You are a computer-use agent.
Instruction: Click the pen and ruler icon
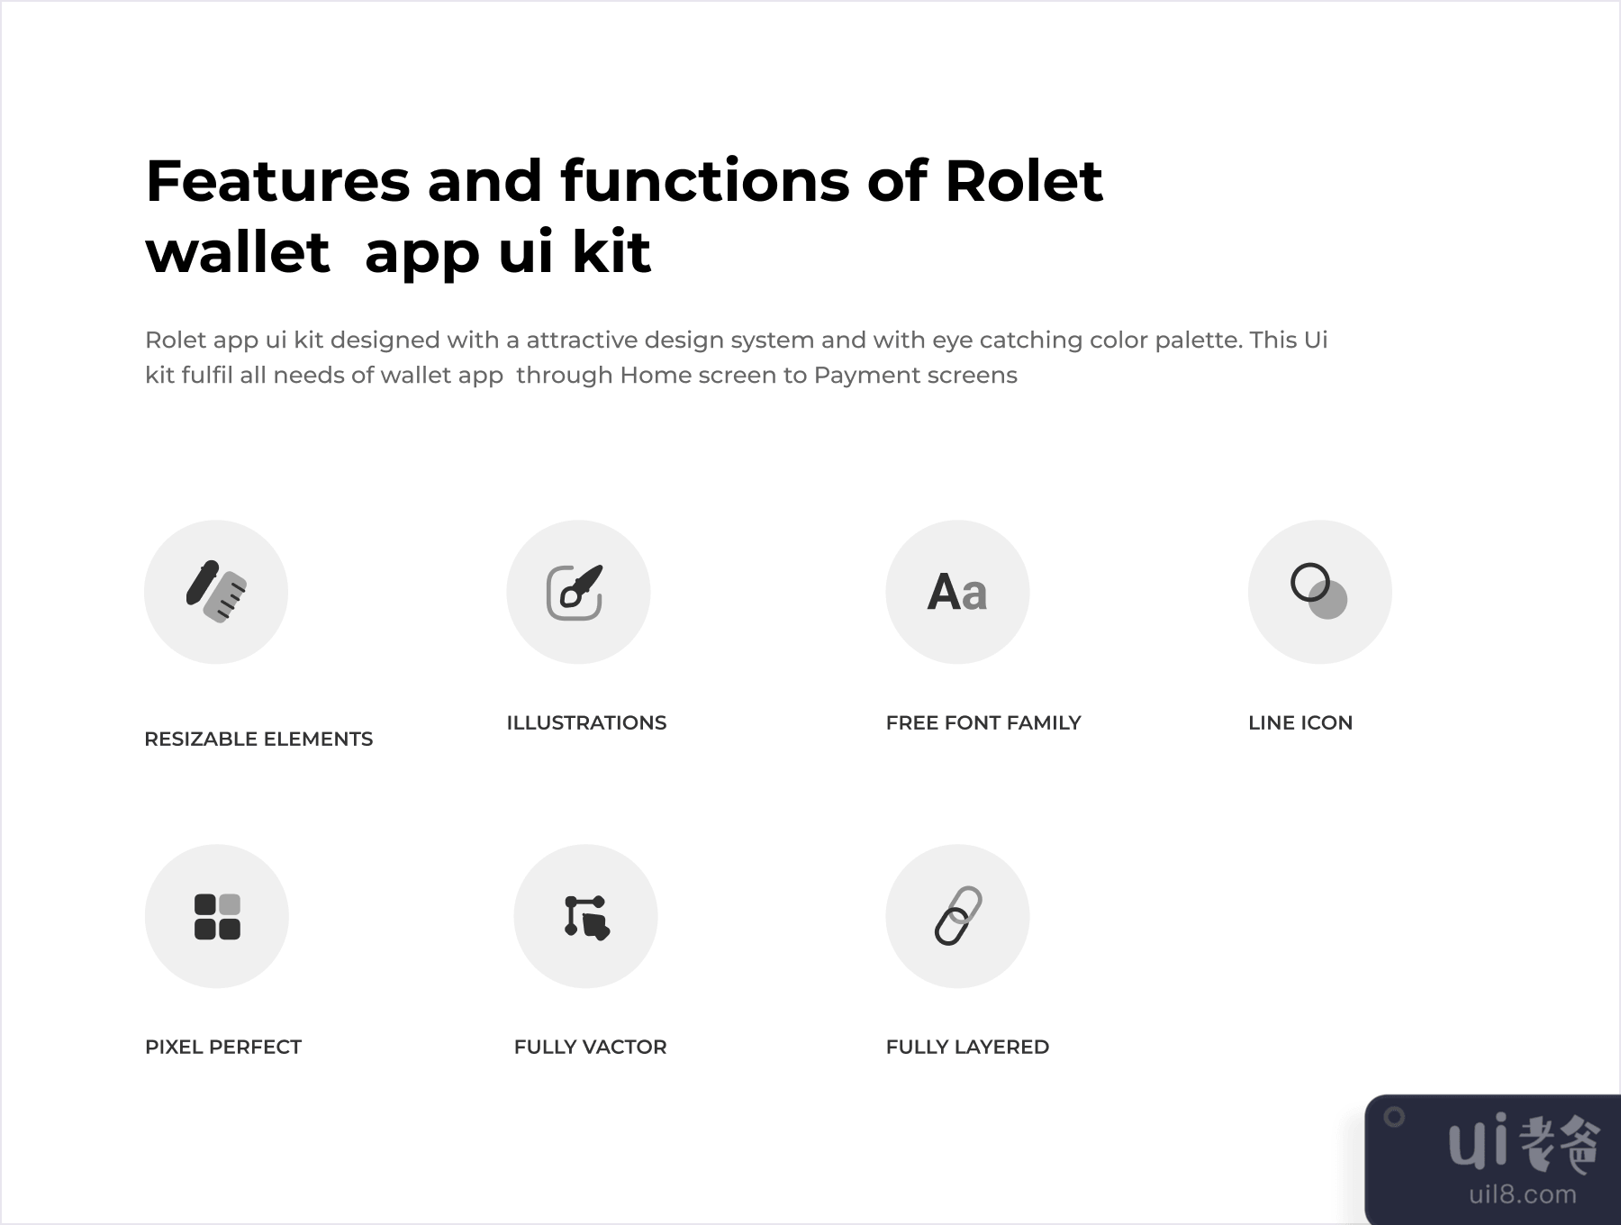(x=216, y=592)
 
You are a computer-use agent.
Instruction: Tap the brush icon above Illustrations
(x=575, y=592)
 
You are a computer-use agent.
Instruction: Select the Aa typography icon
(x=957, y=593)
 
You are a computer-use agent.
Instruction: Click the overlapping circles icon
(x=1319, y=592)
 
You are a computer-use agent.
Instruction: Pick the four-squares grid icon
(x=217, y=916)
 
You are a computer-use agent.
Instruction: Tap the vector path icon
(x=587, y=917)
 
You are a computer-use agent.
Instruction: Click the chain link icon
(x=957, y=916)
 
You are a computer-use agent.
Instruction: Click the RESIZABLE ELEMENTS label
(x=258, y=739)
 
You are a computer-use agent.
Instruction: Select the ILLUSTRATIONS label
(x=586, y=722)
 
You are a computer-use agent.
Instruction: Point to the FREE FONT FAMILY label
(x=983, y=722)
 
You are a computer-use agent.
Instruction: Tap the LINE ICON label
(x=1300, y=722)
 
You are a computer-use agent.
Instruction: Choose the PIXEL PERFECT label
(x=223, y=1047)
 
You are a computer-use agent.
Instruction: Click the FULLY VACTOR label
(x=591, y=1047)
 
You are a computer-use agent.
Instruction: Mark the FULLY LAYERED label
(x=967, y=1047)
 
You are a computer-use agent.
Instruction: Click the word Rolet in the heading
(x=1024, y=180)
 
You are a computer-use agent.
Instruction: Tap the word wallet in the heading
(x=238, y=251)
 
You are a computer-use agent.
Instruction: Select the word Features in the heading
(x=277, y=180)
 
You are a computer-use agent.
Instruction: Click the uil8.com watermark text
(x=1523, y=1194)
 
